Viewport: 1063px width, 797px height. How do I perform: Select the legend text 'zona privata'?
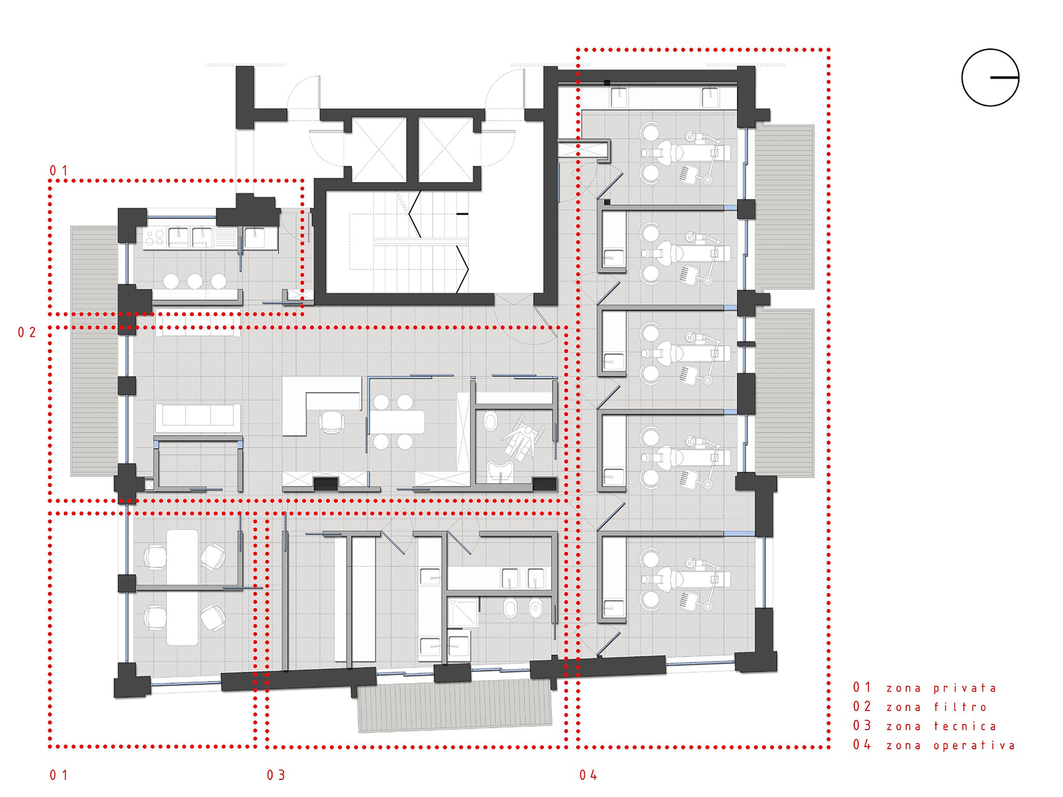(x=941, y=689)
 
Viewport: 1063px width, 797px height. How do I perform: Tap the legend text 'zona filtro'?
(x=937, y=707)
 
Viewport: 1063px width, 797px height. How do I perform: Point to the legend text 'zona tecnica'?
(x=941, y=727)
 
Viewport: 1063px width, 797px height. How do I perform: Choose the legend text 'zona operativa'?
(x=951, y=746)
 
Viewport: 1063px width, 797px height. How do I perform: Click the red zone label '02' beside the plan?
(x=27, y=332)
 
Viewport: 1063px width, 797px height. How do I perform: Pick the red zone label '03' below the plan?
(x=276, y=775)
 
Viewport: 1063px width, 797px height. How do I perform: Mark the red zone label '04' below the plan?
(x=589, y=775)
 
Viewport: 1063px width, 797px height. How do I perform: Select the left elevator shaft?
(x=379, y=149)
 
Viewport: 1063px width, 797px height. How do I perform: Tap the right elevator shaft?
(x=446, y=149)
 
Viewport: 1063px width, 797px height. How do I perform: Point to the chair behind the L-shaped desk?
(x=332, y=422)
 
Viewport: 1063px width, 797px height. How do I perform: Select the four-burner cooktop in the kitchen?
(x=155, y=238)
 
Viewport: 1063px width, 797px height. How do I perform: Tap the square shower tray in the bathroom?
(x=462, y=612)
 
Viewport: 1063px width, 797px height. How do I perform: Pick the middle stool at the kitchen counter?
(x=194, y=281)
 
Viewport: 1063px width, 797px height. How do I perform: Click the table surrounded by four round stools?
(x=397, y=422)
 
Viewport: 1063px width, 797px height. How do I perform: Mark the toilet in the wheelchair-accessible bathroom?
(x=490, y=422)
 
